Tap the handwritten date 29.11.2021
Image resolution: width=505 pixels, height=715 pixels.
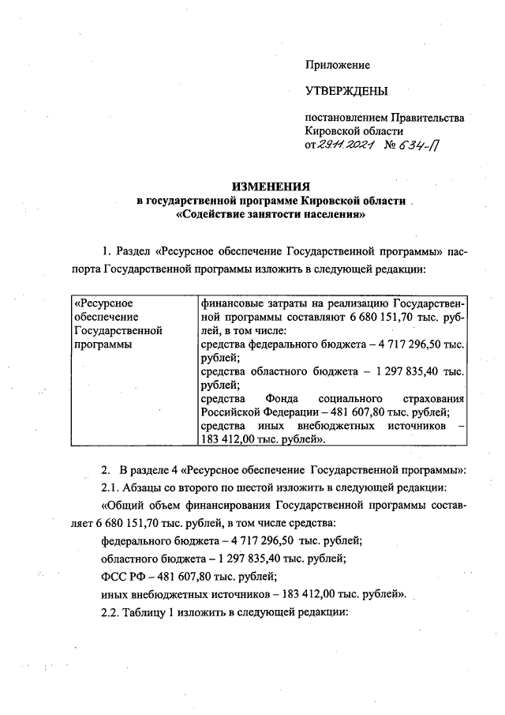pos(339,145)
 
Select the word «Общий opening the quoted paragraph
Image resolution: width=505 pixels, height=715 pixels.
pos(125,505)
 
